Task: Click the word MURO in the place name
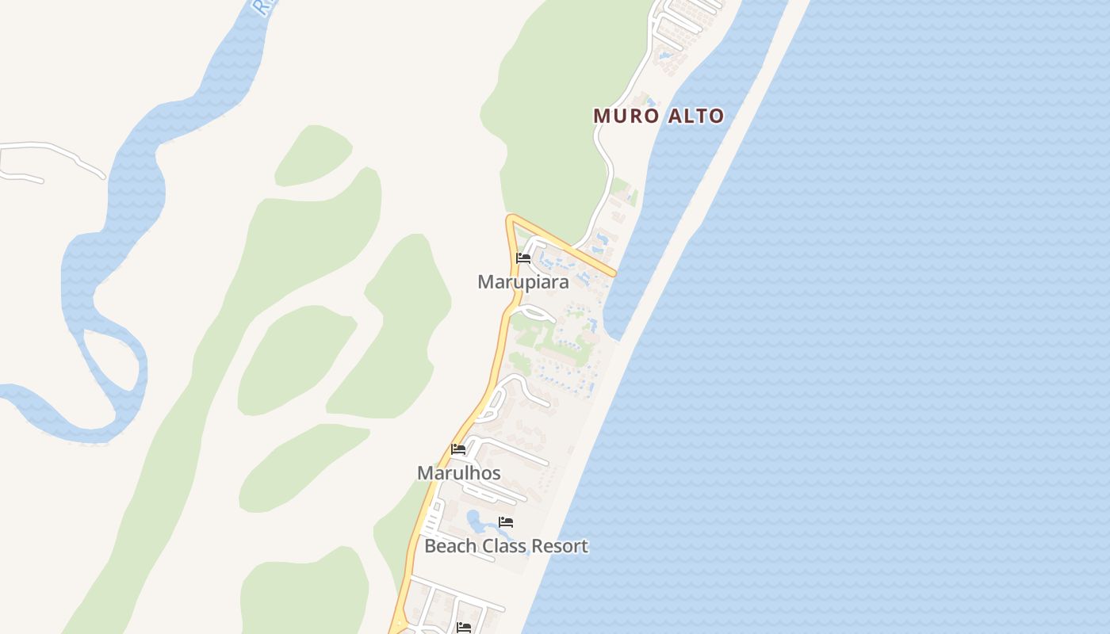(x=626, y=116)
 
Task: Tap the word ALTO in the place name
(x=695, y=116)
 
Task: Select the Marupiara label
(x=522, y=282)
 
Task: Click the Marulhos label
(x=458, y=473)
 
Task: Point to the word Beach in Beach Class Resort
(x=450, y=546)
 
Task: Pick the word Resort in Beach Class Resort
(x=561, y=546)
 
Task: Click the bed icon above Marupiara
(x=523, y=258)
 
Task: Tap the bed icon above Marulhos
(x=458, y=449)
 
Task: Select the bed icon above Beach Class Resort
(x=506, y=522)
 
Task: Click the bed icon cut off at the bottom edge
(x=464, y=628)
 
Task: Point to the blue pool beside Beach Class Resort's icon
(x=477, y=521)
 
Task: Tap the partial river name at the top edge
(x=262, y=8)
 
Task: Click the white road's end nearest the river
(x=103, y=175)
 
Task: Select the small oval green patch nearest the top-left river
(x=312, y=156)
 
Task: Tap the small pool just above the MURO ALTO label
(x=649, y=101)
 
